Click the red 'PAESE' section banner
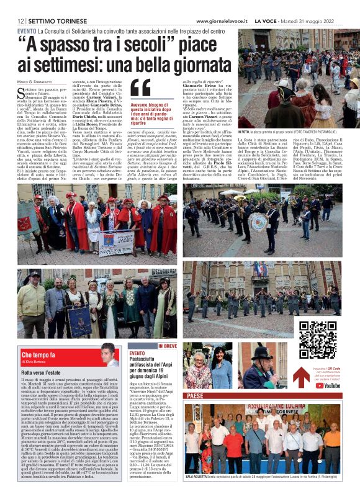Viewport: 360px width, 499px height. coord(196,395)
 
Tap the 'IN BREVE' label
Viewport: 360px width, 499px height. coord(168,346)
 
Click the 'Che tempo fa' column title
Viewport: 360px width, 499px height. coord(38,354)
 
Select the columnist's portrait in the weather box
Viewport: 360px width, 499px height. coord(109,355)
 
